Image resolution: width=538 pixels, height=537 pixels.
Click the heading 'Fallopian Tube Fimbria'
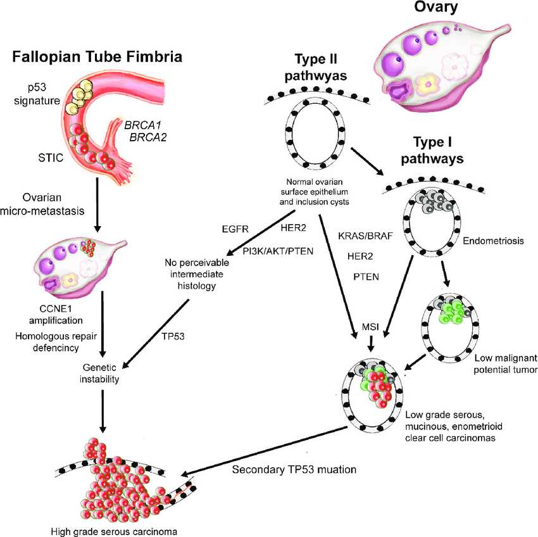pos(98,57)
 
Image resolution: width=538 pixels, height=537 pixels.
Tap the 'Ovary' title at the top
pos(437,9)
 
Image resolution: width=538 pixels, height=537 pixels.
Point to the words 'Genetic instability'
pos(102,374)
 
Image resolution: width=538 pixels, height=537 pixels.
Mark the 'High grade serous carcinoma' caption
pos(108,530)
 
